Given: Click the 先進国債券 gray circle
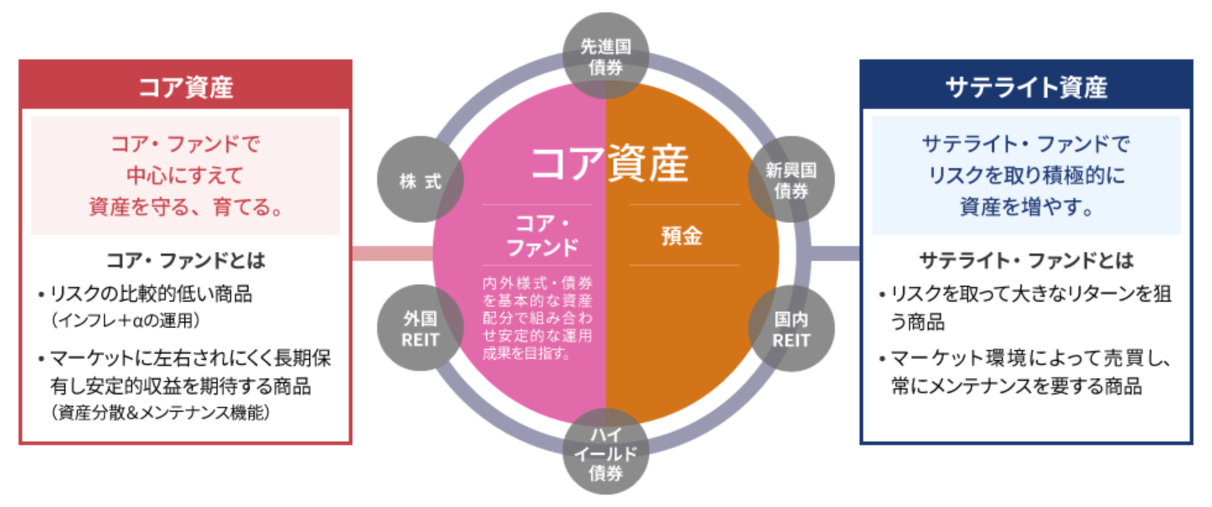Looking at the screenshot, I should click(x=605, y=56).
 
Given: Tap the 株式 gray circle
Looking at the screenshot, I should click(x=420, y=180).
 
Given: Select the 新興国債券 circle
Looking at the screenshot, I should click(x=792, y=180).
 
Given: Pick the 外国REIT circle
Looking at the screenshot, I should click(x=420, y=329).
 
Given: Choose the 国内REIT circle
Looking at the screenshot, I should click(x=792, y=329).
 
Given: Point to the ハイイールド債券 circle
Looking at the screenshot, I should click(x=605, y=453).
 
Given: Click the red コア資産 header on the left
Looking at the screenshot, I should click(x=186, y=87).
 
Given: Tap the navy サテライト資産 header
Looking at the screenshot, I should click(x=1026, y=87).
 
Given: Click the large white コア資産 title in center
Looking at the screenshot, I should click(x=609, y=164).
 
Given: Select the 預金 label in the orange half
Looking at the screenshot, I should click(x=682, y=236).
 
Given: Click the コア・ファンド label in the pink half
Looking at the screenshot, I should click(x=542, y=236).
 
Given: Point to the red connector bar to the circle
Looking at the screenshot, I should click(x=392, y=253).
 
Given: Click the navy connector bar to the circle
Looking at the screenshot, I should click(x=835, y=253).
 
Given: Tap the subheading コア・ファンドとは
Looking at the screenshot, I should click(x=186, y=260).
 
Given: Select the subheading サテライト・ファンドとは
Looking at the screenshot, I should click(x=1026, y=260).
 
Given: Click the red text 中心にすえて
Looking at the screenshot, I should click(x=186, y=176).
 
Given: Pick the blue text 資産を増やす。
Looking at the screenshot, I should click(x=1026, y=207).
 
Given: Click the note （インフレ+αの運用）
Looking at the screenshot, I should click(x=126, y=320).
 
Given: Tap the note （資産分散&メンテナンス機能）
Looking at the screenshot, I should click(x=161, y=412).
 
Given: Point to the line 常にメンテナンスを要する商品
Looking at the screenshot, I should click(x=1017, y=386).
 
